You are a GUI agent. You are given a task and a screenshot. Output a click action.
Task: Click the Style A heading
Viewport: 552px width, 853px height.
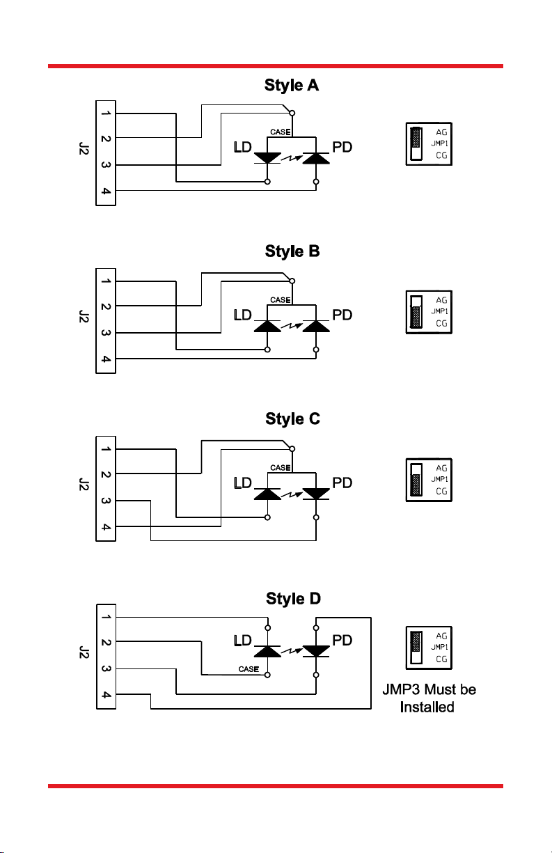(292, 86)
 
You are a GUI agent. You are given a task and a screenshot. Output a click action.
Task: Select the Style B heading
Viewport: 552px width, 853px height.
(292, 251)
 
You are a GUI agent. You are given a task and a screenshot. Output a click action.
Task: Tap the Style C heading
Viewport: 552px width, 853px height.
(292, 419)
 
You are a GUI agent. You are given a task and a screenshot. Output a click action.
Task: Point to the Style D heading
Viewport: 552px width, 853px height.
(293, 599)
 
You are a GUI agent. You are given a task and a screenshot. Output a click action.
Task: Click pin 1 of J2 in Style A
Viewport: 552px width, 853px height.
(105, 114)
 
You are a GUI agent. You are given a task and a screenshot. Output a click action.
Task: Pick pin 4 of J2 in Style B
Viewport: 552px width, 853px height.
(105, 359)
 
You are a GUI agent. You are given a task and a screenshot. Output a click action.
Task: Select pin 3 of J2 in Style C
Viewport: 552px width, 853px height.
(105, 500)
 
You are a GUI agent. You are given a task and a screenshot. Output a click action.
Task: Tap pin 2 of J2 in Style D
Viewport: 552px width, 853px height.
(105, 642)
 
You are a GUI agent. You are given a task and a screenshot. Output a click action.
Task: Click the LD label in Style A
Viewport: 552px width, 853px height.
(242, 148)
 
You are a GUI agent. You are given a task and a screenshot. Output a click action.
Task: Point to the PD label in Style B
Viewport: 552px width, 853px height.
(342, 315)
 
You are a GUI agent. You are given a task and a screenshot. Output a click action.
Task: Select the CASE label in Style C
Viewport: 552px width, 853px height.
(280, 467)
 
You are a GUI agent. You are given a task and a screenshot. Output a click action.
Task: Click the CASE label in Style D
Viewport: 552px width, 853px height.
(249, 669)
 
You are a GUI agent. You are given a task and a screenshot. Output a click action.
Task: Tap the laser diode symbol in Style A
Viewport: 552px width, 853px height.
(267, 158)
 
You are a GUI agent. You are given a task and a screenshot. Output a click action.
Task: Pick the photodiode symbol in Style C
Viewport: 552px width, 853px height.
(316, 493)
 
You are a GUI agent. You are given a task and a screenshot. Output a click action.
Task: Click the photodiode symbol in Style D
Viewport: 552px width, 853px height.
(316, 650)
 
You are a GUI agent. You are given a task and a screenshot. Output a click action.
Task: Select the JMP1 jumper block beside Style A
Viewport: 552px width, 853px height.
(416, 144)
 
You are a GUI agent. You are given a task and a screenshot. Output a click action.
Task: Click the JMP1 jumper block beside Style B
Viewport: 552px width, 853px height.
(416, 312)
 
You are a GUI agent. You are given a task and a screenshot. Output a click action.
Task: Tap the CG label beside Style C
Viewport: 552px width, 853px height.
(441, 491)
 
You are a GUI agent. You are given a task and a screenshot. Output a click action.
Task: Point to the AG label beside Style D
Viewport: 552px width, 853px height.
(441, 636)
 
